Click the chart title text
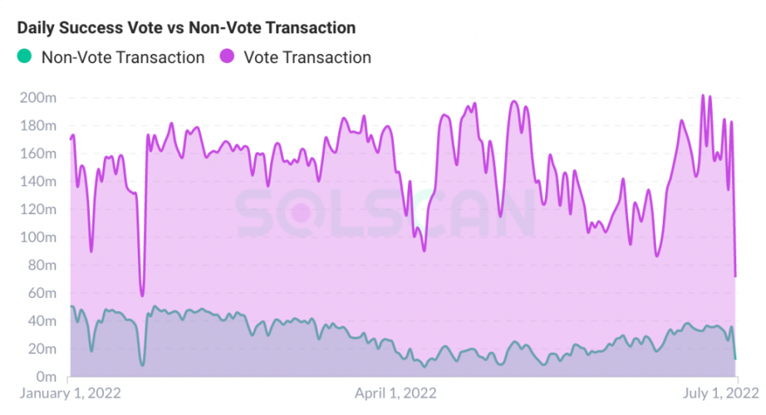(x=186, y=28)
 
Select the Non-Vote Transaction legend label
(x=123, y=57)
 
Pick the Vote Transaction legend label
(x=307, y=57)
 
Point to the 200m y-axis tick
(x=38, y=98)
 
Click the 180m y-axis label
(x=38, y=126)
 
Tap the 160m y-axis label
(x=38, y=153)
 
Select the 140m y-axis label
(x=38, y=182)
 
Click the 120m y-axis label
(x=38, y=209)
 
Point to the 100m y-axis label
(x=38, y=237)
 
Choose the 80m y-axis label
(x=42, y=265)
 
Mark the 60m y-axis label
(x=42, y=293)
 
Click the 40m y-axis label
(x=42, y=321)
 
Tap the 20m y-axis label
(x=42, y=349)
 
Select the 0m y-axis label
(x=45, y=377)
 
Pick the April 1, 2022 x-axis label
(x=395, y=393)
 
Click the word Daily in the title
(x=37, y=28)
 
